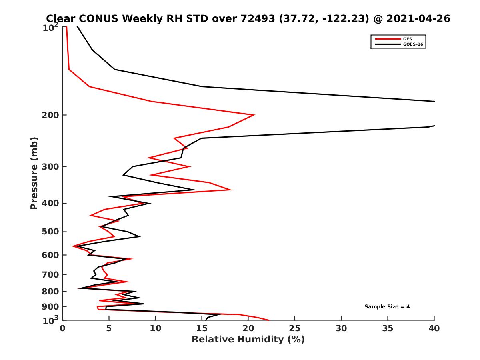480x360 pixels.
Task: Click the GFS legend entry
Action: point(408,39)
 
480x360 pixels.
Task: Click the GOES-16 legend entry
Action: point(412,44)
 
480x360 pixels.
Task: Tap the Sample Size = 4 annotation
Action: point(387,307)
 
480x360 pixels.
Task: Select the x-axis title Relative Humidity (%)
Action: point(248,340)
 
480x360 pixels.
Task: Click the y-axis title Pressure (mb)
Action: point(34,173)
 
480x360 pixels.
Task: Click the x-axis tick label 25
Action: point(295,328)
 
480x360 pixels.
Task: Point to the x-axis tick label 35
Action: point(388,328)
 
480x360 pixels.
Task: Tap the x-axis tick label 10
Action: point(155,328)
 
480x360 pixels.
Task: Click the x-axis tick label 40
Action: point(434,328)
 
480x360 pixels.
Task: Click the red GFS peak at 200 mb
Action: point(254,115)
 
